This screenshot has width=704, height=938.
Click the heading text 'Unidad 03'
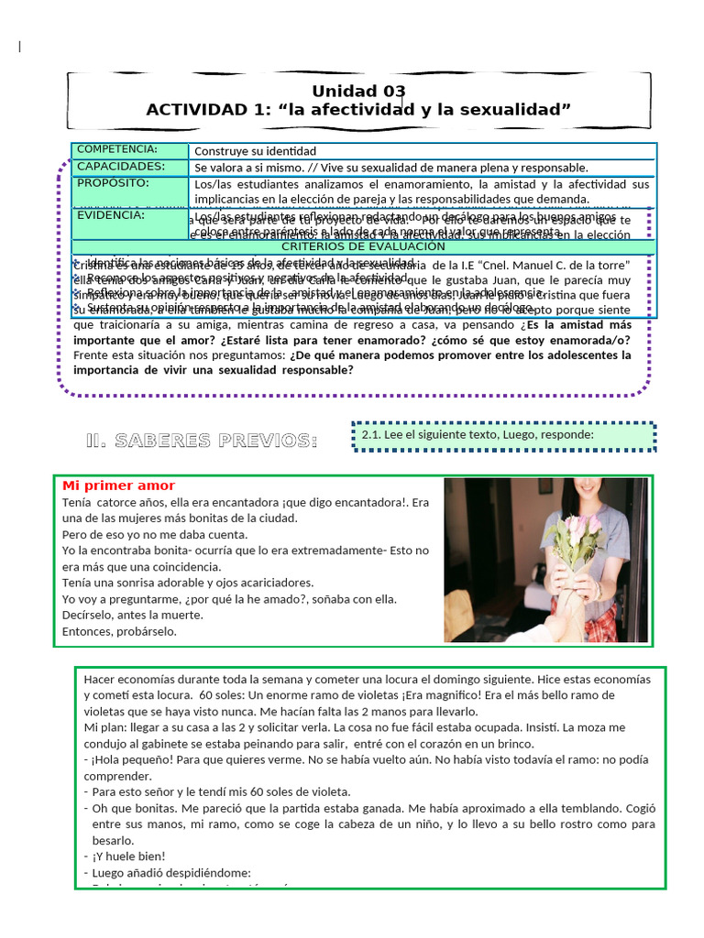358,91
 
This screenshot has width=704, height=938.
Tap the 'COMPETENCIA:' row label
117,149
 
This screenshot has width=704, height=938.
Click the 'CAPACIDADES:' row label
121,166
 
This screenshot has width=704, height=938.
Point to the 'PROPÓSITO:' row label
114,182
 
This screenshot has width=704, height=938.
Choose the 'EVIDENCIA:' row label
111,215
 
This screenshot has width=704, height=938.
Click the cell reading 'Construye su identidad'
255,151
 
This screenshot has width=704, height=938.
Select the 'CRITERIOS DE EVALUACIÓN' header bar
363,246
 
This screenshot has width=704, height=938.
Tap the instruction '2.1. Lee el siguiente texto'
472,435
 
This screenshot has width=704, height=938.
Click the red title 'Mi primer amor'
118,485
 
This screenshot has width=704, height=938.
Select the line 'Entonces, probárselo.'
119,631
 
